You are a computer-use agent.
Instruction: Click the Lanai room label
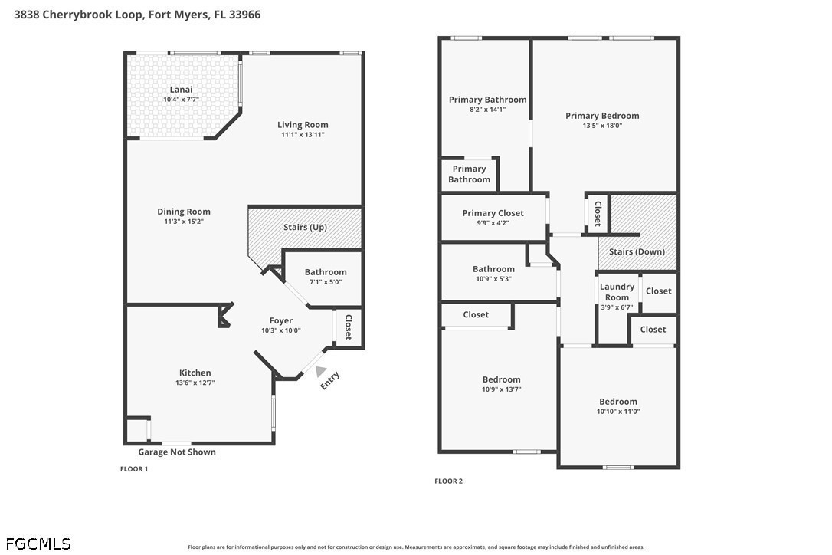click(181, 90)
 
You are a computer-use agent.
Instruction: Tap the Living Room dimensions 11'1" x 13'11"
click(303, 135)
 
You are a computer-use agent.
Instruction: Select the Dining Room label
click(184, 212)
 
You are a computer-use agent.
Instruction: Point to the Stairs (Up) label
click(305, 228)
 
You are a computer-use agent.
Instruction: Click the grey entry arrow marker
click(320, 371)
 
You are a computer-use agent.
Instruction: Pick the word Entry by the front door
click(330, 380)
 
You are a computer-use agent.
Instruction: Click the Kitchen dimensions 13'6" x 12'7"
click(195, 383)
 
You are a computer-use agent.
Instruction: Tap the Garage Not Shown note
click(177, 452)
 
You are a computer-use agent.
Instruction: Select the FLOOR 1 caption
click(134, 469)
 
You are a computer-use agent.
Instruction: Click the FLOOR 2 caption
click(448, 481)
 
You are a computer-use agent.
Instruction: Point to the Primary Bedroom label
click(602, 116)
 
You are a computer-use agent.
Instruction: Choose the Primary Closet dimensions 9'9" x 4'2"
click(493, 224)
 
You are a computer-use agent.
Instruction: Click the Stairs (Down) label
click(637, 251)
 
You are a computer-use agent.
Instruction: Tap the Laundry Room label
click(617, 292)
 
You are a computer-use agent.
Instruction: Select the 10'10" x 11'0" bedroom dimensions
click(618, 412)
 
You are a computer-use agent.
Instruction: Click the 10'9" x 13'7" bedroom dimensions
click(502, 389)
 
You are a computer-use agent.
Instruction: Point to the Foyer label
click(280, 320)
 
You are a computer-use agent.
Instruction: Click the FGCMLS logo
click(38, 544)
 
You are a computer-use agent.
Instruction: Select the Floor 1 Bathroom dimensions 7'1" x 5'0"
click(326, 282)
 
